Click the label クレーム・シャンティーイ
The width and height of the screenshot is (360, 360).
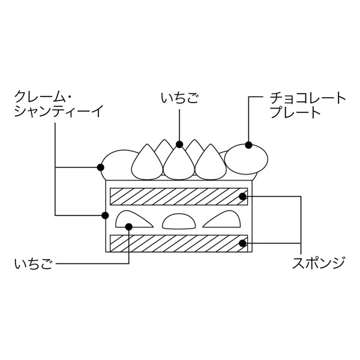pos(59,103)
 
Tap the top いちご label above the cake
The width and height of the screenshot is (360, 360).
pos(180,97)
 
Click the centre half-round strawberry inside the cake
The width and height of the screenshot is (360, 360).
pos(179,222)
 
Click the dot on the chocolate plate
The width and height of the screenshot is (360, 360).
pos(248,145)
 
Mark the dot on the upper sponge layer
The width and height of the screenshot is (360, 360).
pos(243,196)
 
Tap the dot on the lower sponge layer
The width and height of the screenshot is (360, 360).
pos(243,243)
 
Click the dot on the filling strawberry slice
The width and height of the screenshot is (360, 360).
pos(129,226)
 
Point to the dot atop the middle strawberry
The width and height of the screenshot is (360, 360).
pos(179,144)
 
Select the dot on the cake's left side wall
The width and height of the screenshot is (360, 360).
pos(105,215)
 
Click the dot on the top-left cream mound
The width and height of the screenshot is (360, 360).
pos(100,166)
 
